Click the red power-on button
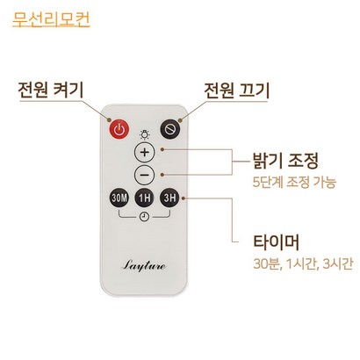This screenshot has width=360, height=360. pos(119,129)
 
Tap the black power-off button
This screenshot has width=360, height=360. pos(170,129)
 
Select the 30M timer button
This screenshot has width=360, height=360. pos(119,198)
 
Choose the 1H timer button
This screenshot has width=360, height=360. pos(145,198)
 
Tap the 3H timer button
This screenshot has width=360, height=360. pos(169,198)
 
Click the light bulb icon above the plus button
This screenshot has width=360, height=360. pos(145,134)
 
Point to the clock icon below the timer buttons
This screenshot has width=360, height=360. pos(144,217)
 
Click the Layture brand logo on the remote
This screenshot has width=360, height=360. pos(144,265)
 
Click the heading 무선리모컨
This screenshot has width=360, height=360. pos(51,19)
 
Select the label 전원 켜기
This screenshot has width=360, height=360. pos(51,90)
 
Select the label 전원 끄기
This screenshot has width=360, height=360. pos(236,90)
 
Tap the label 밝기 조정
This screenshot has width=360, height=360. pos(285,161)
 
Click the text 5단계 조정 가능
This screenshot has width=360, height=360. pos(294,183)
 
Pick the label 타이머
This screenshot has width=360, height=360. pos(276,242)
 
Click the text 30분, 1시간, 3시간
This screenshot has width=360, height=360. pos(303,263)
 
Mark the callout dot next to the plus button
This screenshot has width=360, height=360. pos(162,149)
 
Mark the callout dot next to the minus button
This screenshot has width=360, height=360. pos(162,175)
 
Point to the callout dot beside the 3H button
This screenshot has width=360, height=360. pos(184,198)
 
